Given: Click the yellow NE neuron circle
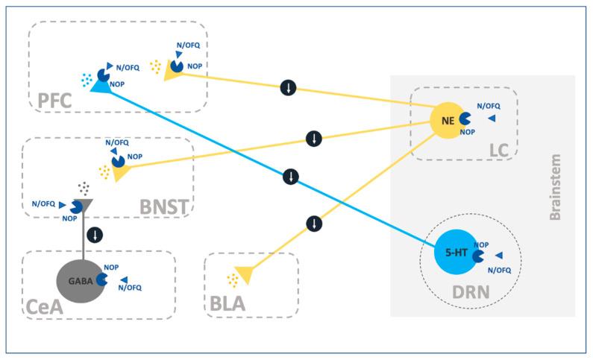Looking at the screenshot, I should click(x=447, y=119).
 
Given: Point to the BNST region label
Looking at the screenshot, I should click(x=164, y=203).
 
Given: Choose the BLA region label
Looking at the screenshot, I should click(x=228, y=304).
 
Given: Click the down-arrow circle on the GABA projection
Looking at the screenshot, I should click(x=95, y=235).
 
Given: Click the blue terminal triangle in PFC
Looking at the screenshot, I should click(x=98, y=87).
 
